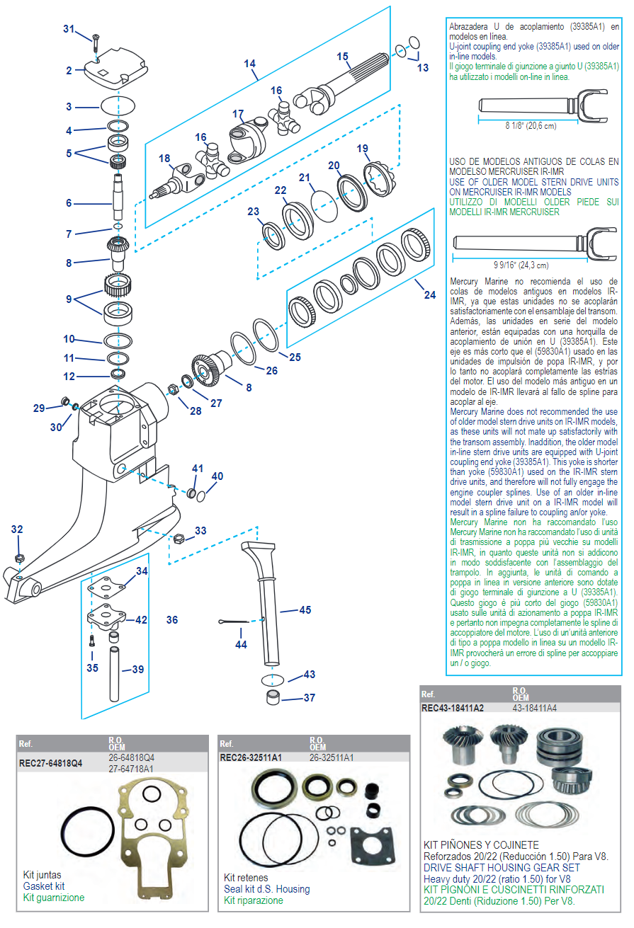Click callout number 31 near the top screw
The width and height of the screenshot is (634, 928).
click(x=68, y=28)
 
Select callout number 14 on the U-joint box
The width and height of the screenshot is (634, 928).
click(x=249, y=64)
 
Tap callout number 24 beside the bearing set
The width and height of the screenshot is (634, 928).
click(x=430, y=295)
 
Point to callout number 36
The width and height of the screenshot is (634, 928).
click(x=172, y=620)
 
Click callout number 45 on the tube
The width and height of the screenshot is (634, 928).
click(x=305, y=609)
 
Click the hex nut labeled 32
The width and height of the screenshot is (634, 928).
click(x=20, y=556)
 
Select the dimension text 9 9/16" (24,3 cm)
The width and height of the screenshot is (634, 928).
click(x=522, y=266)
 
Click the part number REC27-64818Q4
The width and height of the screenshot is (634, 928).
click(x=52, y=764)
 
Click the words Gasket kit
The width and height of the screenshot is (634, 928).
click(x=44, y=886)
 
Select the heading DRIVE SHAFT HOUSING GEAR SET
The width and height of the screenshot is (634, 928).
click(x=502, y=867)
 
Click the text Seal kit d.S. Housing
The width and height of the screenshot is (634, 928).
click(x=267, y=889)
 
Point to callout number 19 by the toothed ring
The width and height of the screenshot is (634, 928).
click(x=363, y=149)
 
